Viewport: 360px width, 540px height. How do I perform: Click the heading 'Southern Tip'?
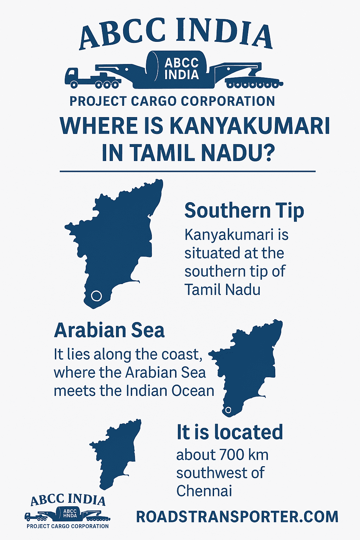pyautogui.click(x=244, y=211)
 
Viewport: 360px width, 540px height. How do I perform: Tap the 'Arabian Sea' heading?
pyautogui.click(x=109, y=330)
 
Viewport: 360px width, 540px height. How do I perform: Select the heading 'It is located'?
pyautogui.click(x=230, y=432)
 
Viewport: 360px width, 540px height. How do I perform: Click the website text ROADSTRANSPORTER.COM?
pyautogui.click(x=237, y=517)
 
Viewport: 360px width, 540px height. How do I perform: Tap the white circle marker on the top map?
pyautogui.click(x=96, y=296)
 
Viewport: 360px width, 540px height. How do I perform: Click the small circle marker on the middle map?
pyautogui.click(x=228, y=410)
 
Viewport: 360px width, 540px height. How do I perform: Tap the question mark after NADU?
pyautogui.click(x=266, y=153)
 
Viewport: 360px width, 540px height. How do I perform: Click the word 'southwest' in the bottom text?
pyautogui.click(x=209, y=473)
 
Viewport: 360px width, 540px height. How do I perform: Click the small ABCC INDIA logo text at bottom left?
pyautogui.click(x=68, y=500)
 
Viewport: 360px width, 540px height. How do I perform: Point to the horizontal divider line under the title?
pyautogui.click(x=188, y=172)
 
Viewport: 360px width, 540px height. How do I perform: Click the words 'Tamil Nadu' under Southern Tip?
pyautogui.click(x=223, y=290)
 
